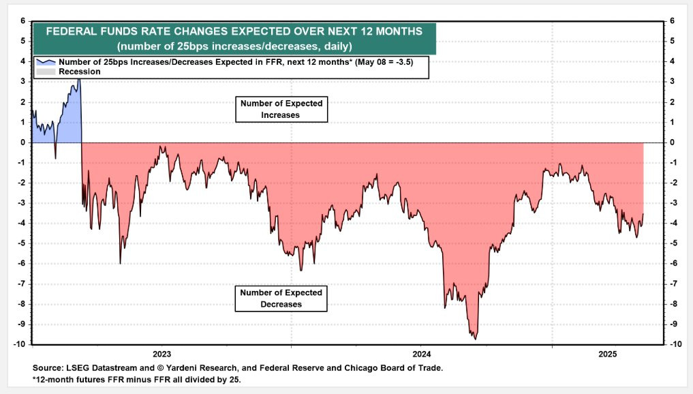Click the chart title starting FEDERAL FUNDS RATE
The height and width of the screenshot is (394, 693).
click(x=234, y=31)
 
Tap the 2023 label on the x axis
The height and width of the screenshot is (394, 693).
click(x=161, y=354)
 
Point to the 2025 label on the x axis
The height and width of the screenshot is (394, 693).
click(x=607, y=354)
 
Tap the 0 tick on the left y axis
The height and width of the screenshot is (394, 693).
click(x=22, y=142)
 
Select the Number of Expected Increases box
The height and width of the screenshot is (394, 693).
click(x=279, y=109)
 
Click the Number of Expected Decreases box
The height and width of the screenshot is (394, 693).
click(x=280, y=299)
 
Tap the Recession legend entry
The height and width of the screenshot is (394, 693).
click(x=80, y=72)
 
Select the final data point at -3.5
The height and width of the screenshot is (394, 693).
click(x=643, y=214)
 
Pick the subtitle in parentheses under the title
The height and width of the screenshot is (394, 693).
click(x=234, y=46)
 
